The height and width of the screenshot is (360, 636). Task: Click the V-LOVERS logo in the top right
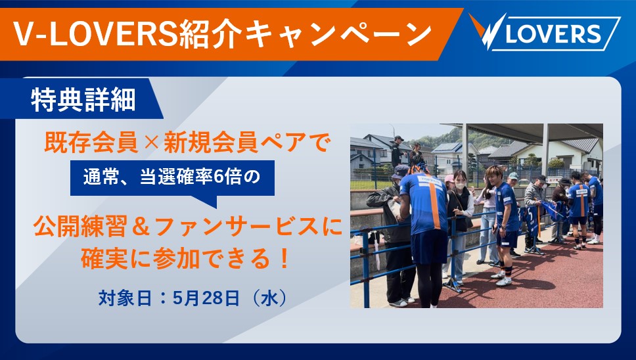(x=545, y=33)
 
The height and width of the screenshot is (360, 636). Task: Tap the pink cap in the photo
(x=449, y=178)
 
